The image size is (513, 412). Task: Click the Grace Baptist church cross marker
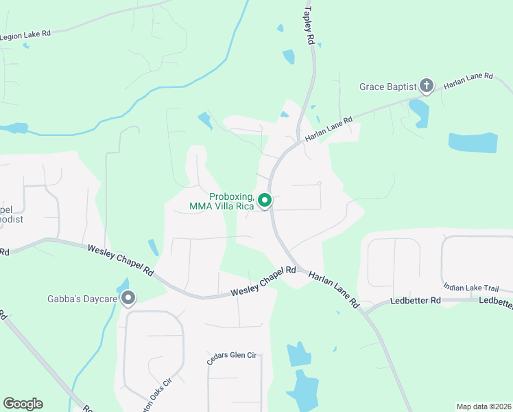click(426, 86)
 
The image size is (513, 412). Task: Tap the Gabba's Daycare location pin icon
click(128, 298)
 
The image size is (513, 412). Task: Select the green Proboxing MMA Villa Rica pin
click(265, 201)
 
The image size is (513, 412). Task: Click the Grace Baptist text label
click(388, 87)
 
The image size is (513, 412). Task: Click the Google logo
click(23, 404)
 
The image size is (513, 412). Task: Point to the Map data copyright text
click(484, 407)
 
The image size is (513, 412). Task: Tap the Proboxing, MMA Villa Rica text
click(222, 201)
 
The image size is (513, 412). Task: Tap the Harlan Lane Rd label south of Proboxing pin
click(333, 288)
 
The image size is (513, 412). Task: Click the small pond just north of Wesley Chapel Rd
click(152, 247)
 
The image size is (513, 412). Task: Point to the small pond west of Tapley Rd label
click(289, 56)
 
